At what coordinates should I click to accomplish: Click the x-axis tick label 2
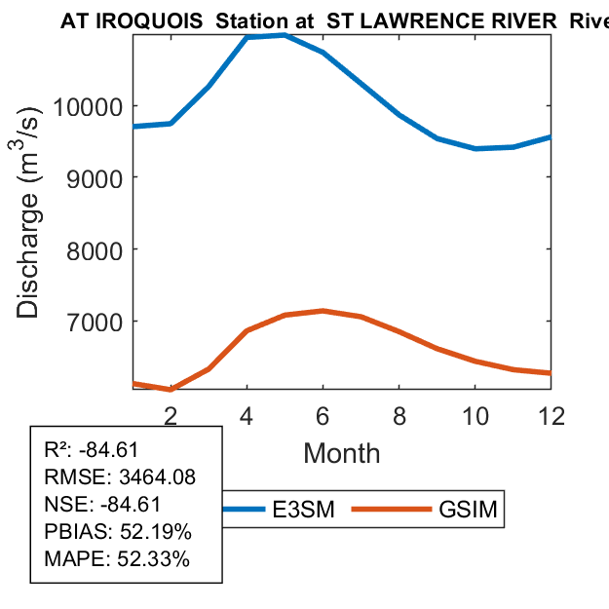[171, 415]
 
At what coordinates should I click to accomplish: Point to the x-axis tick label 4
[247, 415]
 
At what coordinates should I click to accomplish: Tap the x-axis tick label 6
[323, 415]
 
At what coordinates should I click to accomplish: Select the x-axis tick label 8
[399, 415]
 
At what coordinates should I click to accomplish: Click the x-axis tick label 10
[475, 415]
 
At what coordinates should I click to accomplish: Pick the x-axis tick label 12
[551, 415]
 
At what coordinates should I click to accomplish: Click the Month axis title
[342, 453]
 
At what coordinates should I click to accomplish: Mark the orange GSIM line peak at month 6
[323, 311]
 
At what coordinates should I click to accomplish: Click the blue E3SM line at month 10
[475, 148]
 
